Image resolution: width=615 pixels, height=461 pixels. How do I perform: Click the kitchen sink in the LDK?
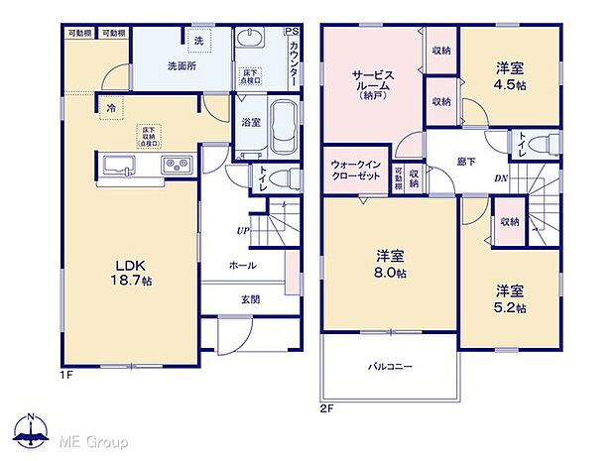117,165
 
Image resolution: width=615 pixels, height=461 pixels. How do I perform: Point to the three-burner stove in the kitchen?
177,165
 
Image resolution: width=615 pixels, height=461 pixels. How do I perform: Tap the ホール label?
242,265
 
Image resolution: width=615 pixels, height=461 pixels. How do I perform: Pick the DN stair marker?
502,179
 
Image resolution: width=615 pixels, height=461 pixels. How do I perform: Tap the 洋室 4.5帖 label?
510,75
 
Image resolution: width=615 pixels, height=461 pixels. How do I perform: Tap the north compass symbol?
32,429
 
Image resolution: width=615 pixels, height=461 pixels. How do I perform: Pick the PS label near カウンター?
291,32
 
